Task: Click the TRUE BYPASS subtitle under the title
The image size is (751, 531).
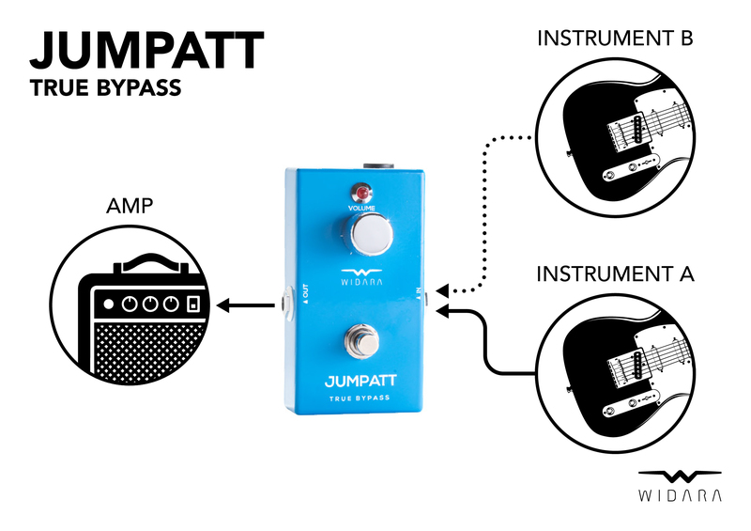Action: coord(104,90)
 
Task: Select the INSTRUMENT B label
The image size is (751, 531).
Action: coord(615,39)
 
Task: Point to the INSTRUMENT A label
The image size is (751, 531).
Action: coord(615,274)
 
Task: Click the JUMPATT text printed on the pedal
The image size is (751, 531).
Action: coord(362,382)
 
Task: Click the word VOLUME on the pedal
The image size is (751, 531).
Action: coord(362,207)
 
